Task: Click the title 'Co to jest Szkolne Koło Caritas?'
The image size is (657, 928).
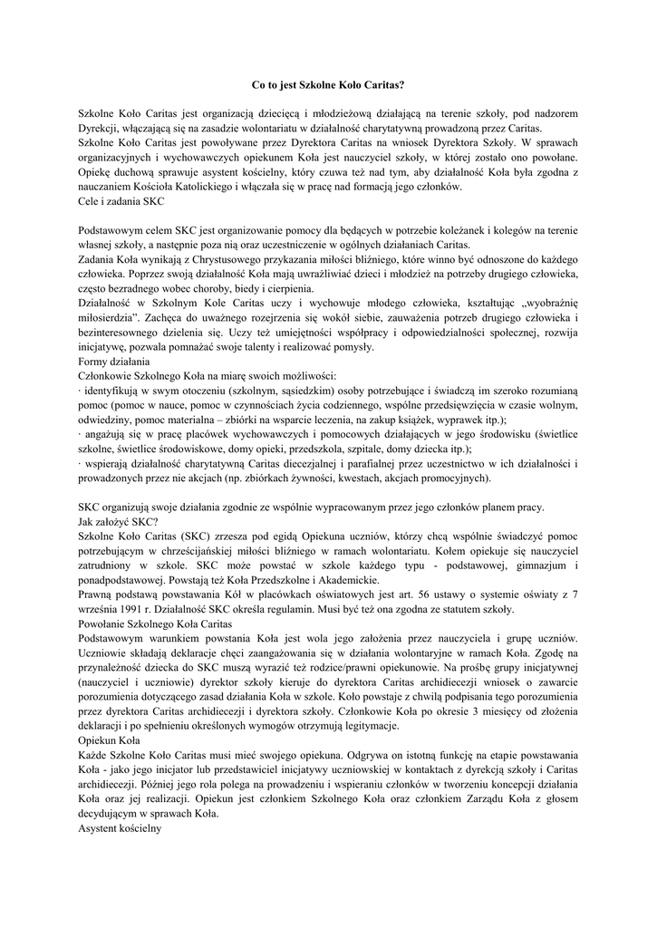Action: coord(327,84)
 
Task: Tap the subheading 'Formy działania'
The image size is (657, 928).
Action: coord(114,361)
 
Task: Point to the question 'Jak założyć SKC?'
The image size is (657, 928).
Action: coord(118,521)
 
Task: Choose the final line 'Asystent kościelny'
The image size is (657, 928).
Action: coord(120,826)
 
